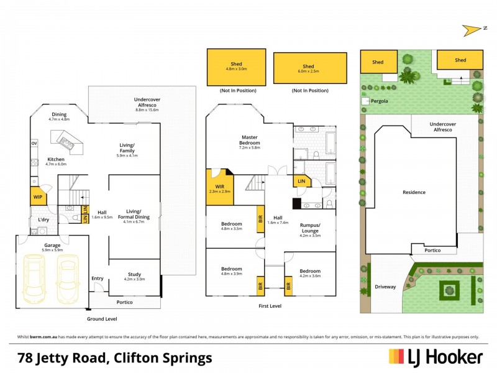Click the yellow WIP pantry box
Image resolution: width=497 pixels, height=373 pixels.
click(37, 197)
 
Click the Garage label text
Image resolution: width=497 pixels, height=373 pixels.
click(52, 246)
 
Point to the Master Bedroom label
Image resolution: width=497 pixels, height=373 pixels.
click(250, 140)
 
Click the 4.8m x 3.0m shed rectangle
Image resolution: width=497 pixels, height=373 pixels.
click(237, 67)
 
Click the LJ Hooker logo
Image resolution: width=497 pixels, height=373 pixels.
click(435, 357)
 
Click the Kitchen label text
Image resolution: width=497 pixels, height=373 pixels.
click(56, 160)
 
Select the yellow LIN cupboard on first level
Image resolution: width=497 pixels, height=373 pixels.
click(301, 181)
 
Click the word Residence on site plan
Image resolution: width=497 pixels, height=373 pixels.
click(414, 192)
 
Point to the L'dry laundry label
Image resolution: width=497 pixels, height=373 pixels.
click(43, 220)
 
